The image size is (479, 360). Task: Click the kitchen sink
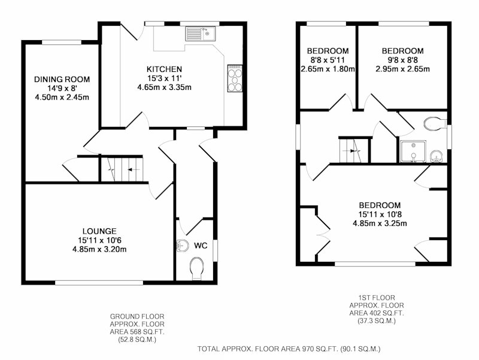pyautogui.click(x=200, y=34)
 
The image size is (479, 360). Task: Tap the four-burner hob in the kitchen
pyautogui.click(x=235, y=78)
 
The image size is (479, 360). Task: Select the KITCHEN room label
pyautogui.click(x=164, y=69)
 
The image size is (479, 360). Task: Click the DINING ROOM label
pyautogui.click(x=62, y=80)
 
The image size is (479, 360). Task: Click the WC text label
pyautogui.click(x=201, y=246)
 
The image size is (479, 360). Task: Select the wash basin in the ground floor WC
pyautogui.click(x=183, y=246)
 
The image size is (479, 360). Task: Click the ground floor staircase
pyautogui.click(x=122, y=169)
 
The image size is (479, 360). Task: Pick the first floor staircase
pyautogui.click(x=354, y=151)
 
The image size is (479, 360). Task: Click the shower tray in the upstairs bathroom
pyautogui.click(x=413, y=152)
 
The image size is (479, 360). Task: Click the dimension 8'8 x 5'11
pyautogui.click(x=327, y=60)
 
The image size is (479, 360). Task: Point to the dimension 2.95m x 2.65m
pyautogui.click(x=402, y=69)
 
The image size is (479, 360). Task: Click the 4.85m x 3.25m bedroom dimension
pyautogui.click(x=380, y=223)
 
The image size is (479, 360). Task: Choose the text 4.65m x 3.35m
pyautogui.click(x=164, y=87)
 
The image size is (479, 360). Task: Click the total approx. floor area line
pyautogui.click(x=289, y=349)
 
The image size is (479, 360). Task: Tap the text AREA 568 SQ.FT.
pyautogui.click(x=137, y=332)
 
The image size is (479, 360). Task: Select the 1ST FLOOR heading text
pyautogui.click(x=377, y=297)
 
